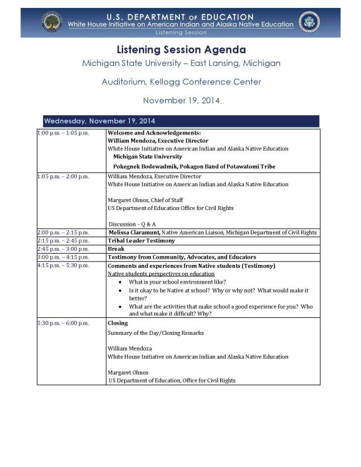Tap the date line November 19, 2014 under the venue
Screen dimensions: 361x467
181,100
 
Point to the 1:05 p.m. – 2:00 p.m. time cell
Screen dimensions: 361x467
62,176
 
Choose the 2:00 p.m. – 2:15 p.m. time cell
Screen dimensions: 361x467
62,233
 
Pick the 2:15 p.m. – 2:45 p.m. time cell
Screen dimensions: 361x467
62,241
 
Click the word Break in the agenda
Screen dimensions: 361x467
116,249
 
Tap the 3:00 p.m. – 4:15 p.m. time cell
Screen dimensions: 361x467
62,257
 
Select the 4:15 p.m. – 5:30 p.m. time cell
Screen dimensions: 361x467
62,266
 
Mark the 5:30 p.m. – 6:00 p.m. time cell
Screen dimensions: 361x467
62,323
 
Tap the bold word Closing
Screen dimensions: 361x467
117,323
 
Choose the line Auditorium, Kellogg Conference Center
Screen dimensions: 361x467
181,82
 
